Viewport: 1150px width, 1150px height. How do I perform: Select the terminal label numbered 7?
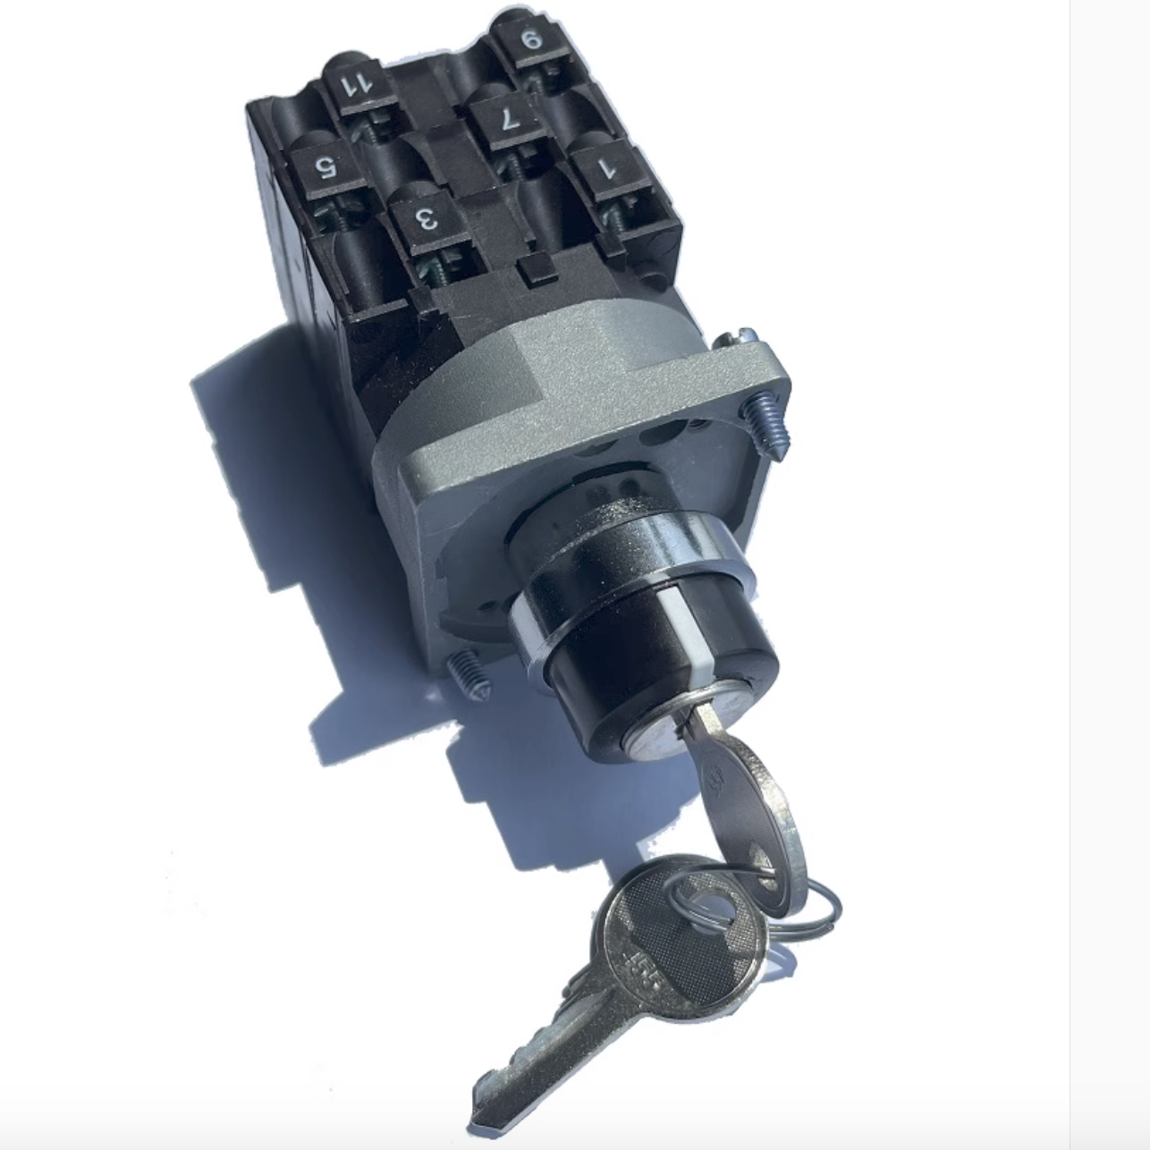coord(507,119)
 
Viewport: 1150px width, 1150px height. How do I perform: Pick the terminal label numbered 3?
coord(427,217)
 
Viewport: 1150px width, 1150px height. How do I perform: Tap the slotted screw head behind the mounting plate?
coord(733,337)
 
